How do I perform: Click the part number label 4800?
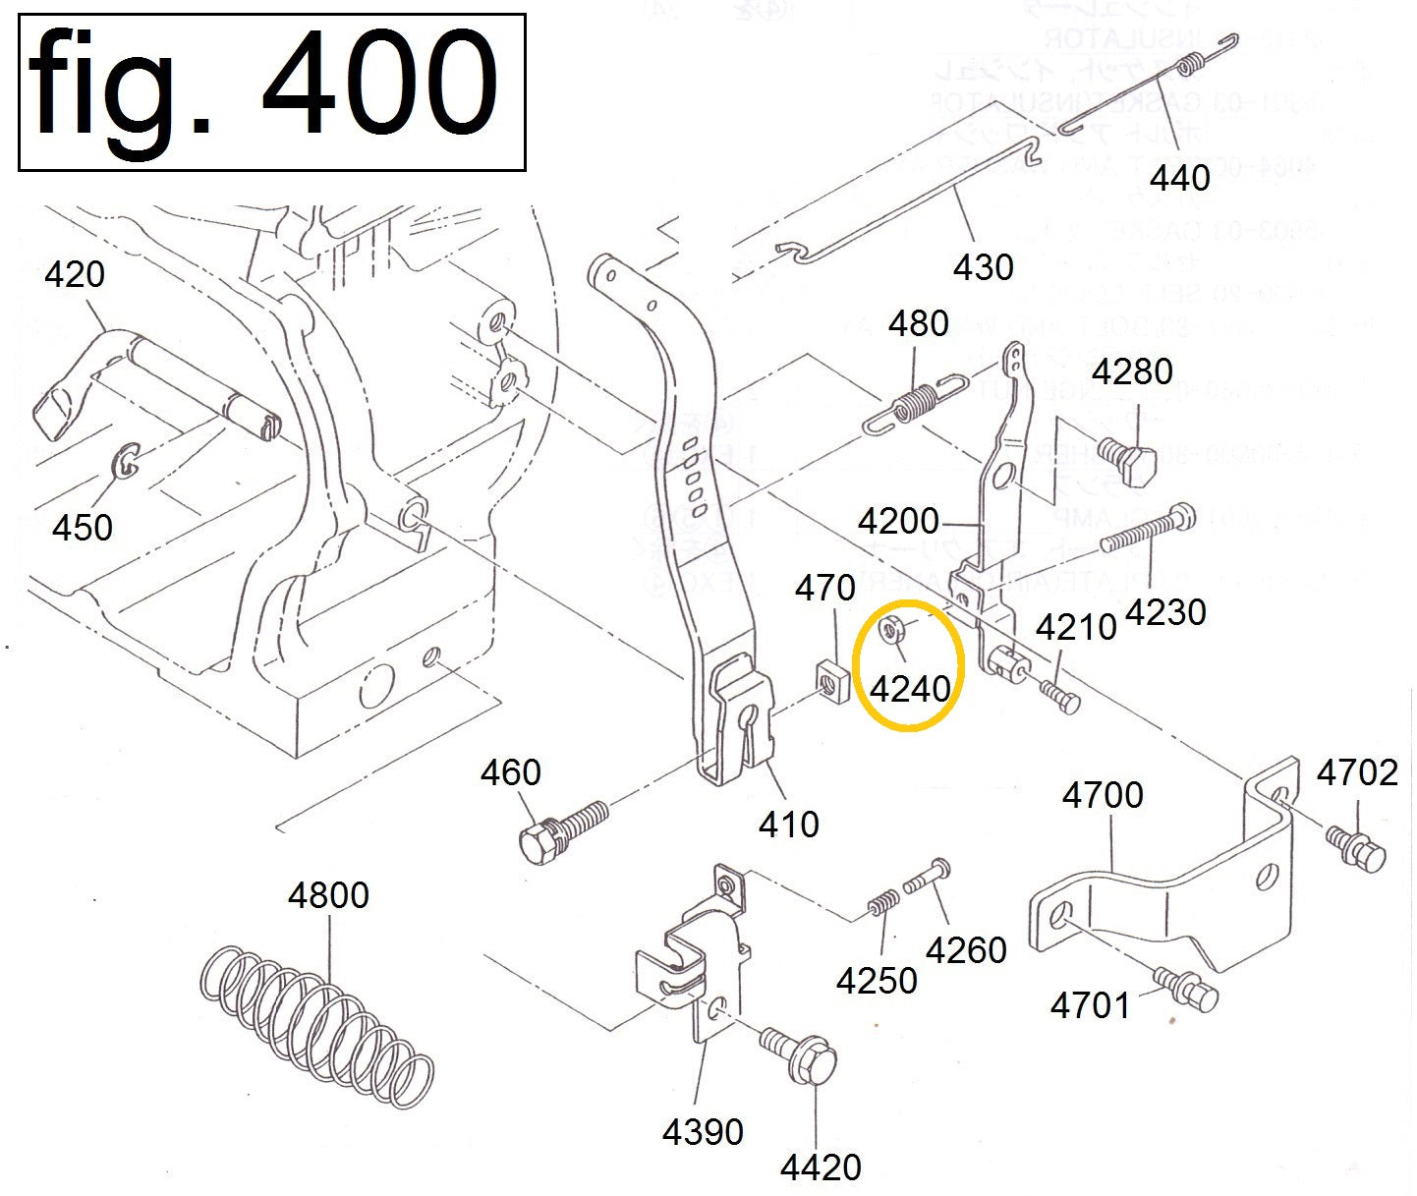click(328, 895)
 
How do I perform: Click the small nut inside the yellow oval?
click(893, 628)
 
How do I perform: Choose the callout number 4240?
click(911, 688)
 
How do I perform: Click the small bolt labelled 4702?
click(1356, 846)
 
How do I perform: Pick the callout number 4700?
click(1103, 794)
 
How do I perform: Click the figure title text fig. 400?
click(263, 86)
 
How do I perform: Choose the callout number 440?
click(1179, 178)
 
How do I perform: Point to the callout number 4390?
click(703, 1132)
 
